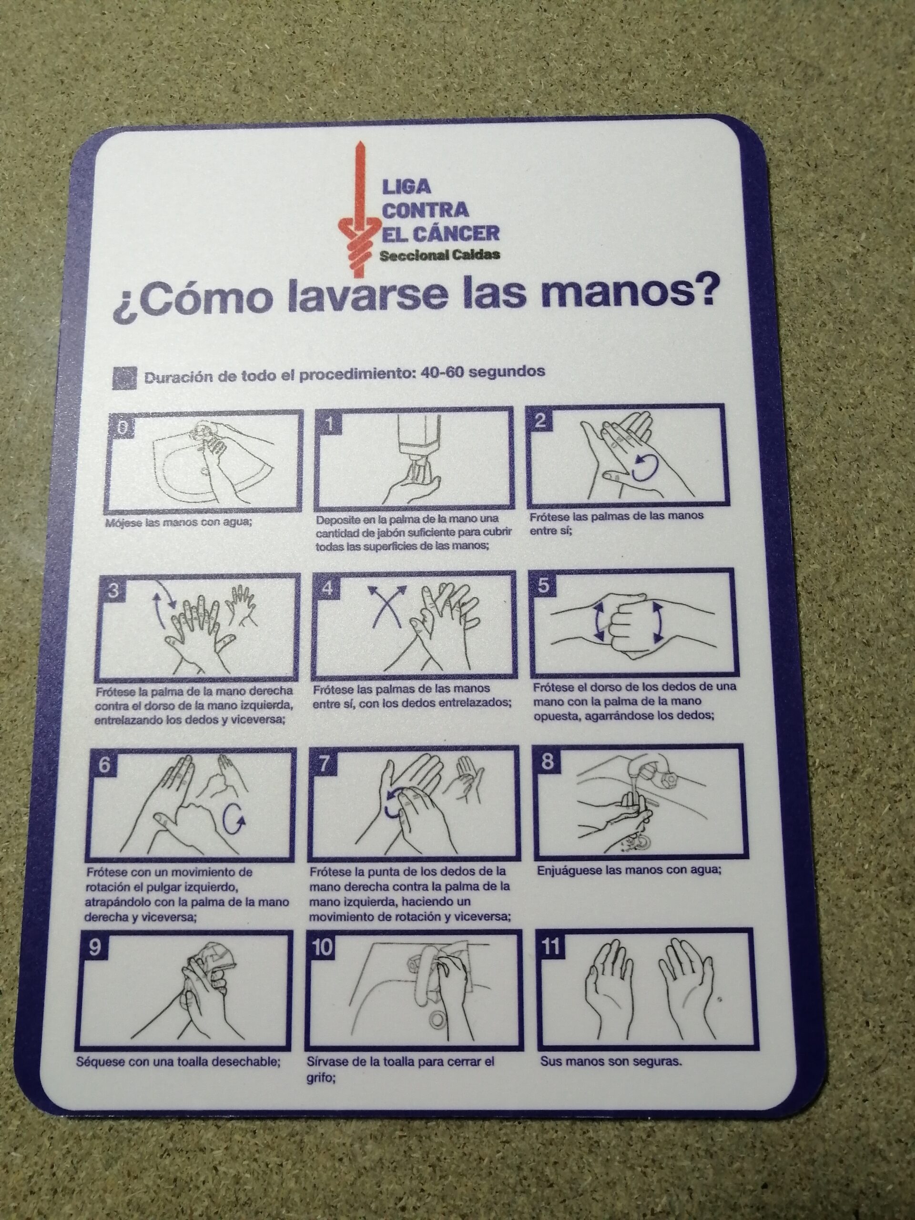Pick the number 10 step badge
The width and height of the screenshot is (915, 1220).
pyautogui.click(x=323, y=948)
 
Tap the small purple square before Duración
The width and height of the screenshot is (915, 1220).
pyautogui.click(x=124, y=378)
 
